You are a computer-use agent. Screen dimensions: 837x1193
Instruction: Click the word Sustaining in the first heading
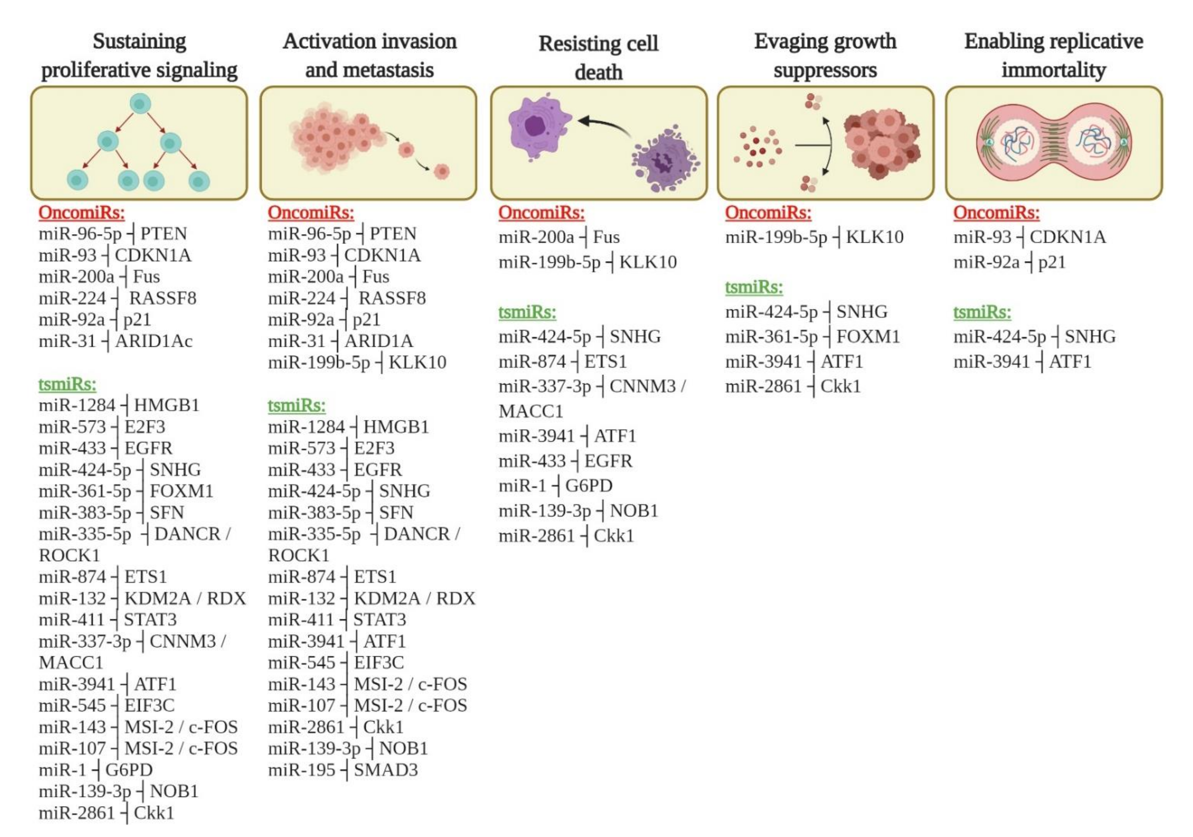[x=139, y=42]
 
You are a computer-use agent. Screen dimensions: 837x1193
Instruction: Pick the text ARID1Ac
[x=154, y=341]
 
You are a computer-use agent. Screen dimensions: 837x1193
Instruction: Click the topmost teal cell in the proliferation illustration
[x=140, y=104]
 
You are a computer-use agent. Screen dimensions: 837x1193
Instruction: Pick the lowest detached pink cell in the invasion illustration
[x=442, y=171]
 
